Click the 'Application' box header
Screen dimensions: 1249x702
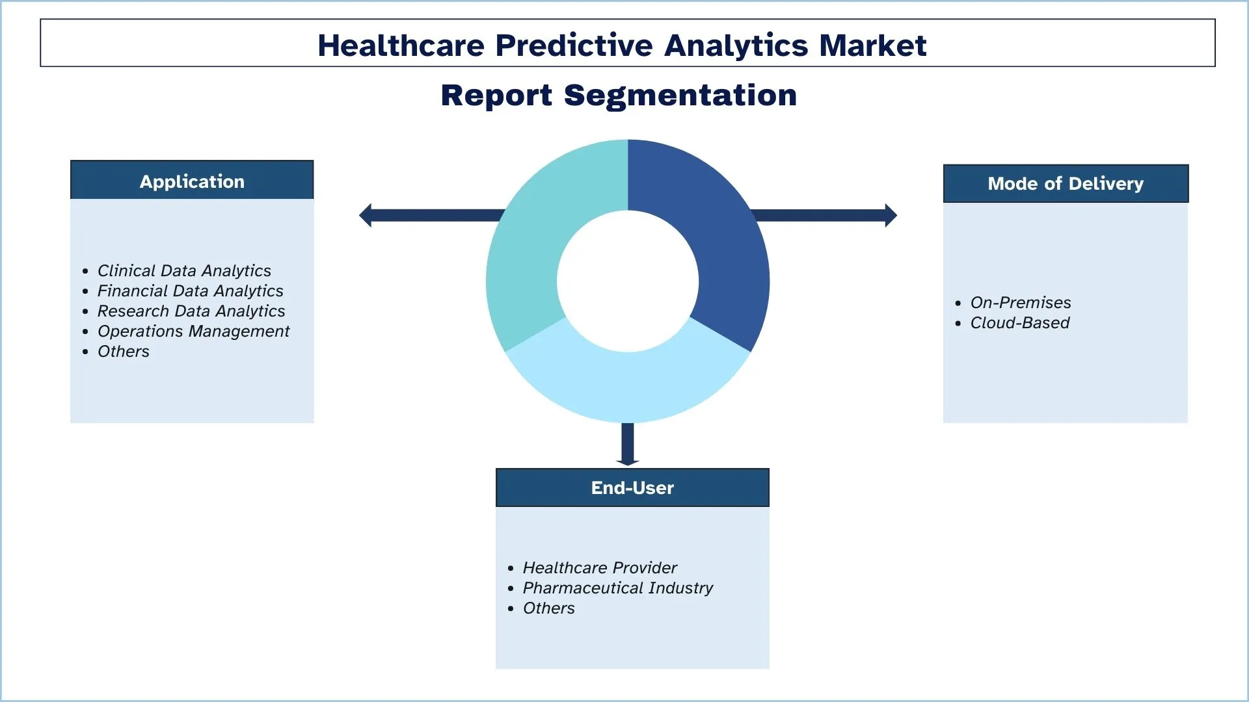pos(192,180)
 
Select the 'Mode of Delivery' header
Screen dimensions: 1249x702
pos(1066,183)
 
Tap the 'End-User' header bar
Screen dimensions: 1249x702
pos(632,487)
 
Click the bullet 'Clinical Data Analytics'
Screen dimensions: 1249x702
pos(184,270)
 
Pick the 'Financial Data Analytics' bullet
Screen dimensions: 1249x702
pos(191,291)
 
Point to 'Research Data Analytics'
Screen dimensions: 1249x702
pos(191,311)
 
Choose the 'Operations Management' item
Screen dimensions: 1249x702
pos(193,331)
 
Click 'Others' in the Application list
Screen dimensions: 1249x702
pos(124,351)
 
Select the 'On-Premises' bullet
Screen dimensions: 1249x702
pos(1021,302)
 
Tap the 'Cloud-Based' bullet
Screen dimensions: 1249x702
pos(1020,322)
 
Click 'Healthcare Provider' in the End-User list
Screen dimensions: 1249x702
pos(600,567)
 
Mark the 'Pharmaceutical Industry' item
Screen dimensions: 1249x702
pos(618,588)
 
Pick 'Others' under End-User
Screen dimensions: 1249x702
pos(549,608)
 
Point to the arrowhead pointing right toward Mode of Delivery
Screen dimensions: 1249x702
pos(891,215)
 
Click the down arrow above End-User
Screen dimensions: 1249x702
pos(628,445)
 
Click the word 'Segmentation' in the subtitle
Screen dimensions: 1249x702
pos(680,96)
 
